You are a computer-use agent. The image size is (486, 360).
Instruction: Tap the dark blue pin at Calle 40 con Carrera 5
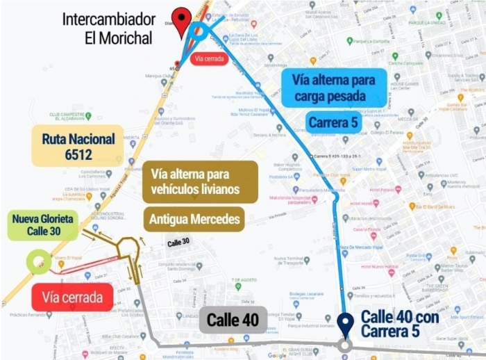(345, 323)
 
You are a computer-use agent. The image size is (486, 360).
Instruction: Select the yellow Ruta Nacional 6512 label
(78, 146)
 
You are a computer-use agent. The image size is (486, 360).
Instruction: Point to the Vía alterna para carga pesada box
(334, 88)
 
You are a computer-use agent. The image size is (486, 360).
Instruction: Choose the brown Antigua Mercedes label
(194, 220)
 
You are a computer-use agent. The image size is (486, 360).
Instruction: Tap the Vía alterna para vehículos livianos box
(200, 181)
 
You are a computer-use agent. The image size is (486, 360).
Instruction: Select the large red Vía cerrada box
(72, 297)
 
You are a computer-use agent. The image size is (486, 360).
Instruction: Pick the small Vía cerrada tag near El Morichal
(209, 59)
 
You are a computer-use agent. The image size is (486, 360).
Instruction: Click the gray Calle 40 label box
(233, 320)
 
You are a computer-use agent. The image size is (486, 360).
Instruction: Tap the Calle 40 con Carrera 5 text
(399, 324)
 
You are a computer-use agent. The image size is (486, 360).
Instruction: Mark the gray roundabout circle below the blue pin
(345, 345)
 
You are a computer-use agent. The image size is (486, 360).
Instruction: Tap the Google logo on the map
(277, 355)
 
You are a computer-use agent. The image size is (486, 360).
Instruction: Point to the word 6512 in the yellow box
(78, 154)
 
